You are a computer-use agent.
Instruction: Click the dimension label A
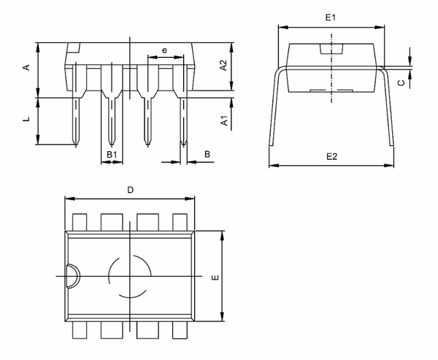26,68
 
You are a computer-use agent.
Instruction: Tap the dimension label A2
225,64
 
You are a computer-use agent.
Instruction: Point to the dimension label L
26,118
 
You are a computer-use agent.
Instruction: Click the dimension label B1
111,154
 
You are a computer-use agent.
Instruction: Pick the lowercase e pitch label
164,50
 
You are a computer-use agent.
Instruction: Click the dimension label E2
331,156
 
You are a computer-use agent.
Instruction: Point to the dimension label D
130,190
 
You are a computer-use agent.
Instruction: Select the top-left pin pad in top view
78,222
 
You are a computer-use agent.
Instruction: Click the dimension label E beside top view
213,278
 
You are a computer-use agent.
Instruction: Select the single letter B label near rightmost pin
207,154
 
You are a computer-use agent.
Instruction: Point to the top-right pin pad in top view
180,222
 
